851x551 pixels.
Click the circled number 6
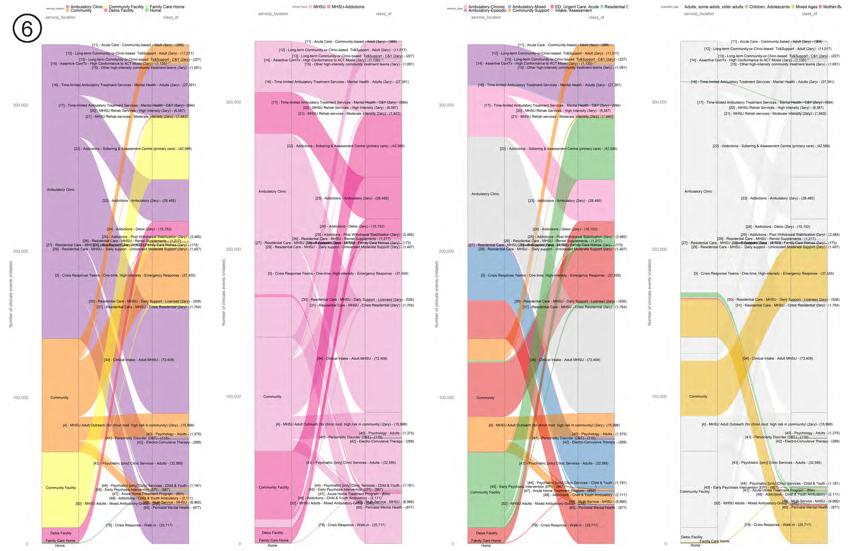pyautogui.click(x=27, y=28)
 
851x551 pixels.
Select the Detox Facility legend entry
pyautogui.click(x=121, y=11)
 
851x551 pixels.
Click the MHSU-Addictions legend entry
pyautogui.click(x=347, y=7)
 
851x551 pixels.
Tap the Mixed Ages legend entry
pyautogui.click(x=806, y=7)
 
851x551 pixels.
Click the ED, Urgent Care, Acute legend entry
pyautogui.click(x=576, y=7)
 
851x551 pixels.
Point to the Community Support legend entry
pyautogui.click(x=531, y=11)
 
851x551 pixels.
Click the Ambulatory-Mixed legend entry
pyautogui.click(x=529, y=7)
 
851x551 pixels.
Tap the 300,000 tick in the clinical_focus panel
pyautogui.click(x=233, y=102)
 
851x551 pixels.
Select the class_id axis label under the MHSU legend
pyautogui.click(x=383, y=14)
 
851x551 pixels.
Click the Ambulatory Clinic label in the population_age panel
pyautogui.click(x=698, y=191)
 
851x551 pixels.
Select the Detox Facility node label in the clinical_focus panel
pyautogui.click(x=272, y=533)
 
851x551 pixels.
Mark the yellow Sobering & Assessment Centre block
pyautogui.click(x=171, y=149)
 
